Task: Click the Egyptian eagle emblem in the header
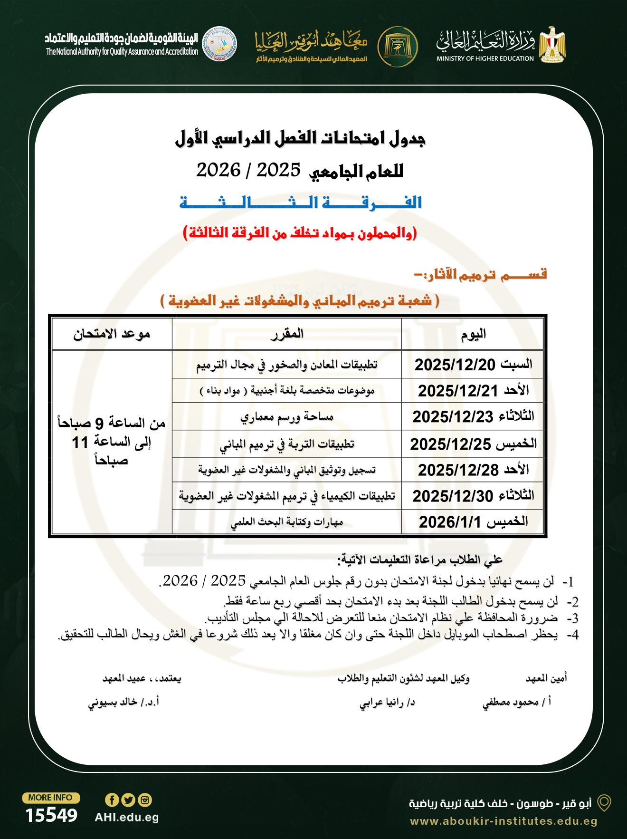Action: [552, 45]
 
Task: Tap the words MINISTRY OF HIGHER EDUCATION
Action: [485, 58]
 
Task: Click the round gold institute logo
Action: [398, 47]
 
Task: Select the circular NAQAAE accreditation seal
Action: [219, 44]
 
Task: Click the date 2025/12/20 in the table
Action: [455, 365]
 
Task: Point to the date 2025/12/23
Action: [453, 417]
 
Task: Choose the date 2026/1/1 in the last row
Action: [445, 522]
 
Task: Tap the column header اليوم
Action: [473, 334]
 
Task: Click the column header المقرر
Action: [287, 334]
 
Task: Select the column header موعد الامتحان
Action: [112, 334]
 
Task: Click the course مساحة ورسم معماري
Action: [287, 417]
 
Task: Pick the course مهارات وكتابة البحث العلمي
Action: [287, 522]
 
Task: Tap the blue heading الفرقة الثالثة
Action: [301, 203]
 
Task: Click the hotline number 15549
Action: [51, 815]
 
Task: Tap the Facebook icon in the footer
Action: [112, 800]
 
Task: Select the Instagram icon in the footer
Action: [145, 800]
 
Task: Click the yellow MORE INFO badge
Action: [51, 798]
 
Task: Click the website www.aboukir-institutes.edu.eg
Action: [503, 821]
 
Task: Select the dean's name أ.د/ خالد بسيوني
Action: [123, 702]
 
